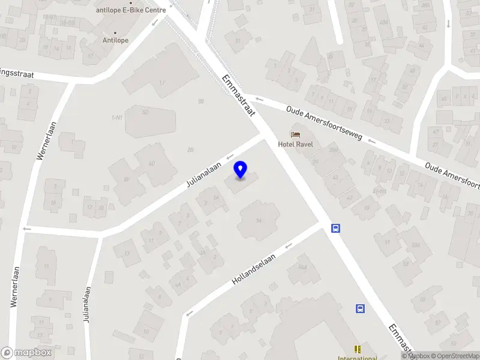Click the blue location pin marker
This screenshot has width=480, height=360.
point(241,170)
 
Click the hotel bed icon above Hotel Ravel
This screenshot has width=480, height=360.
point(295,133)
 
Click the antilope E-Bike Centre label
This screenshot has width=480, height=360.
point(131,10)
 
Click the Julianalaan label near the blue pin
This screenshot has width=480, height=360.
point(204,174)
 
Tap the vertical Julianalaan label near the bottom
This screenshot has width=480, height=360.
point(87,305)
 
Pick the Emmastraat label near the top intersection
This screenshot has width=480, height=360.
point(238,95)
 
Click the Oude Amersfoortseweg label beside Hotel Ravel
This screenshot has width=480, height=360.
point(324,123)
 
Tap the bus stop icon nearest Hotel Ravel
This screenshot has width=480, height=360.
point(336,228)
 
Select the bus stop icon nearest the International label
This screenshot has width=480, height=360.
point(360,309)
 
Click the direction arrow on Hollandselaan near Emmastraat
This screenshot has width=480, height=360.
point(289,244)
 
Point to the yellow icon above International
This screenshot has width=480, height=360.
point(358,349)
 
